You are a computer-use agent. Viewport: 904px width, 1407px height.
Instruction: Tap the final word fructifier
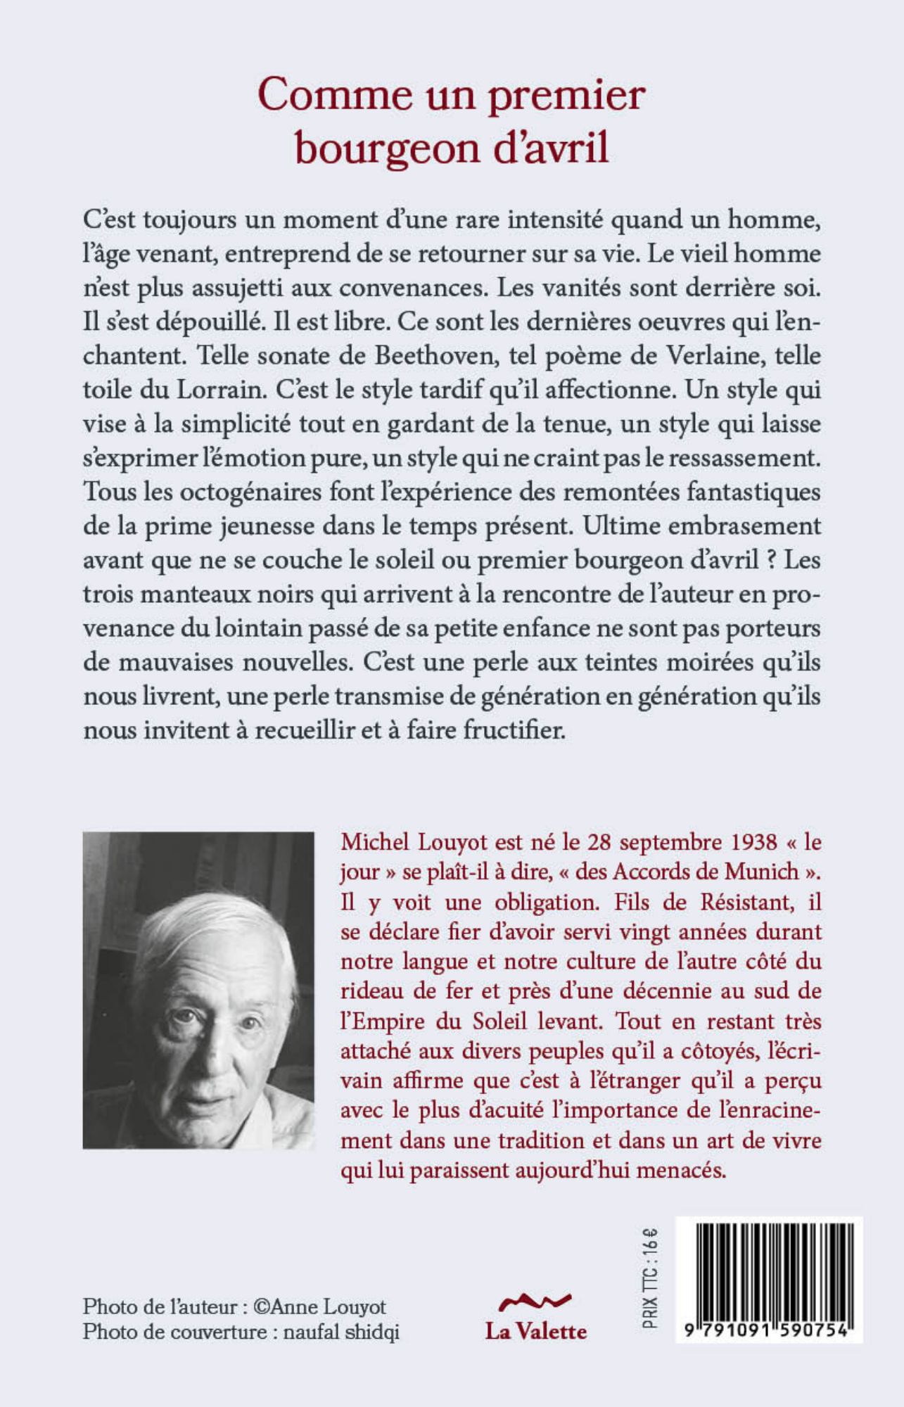pos(512,730)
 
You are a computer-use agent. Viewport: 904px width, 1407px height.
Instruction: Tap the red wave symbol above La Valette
pos(535,1301)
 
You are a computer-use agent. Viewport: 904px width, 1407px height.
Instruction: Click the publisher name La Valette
pos(535,1331)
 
